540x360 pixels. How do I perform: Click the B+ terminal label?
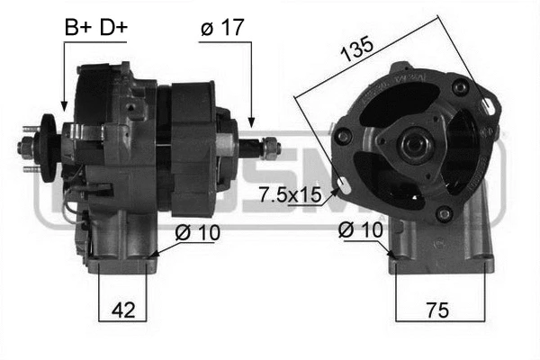77,28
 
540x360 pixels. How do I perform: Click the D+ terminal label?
112,28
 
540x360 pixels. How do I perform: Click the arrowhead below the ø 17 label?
252,122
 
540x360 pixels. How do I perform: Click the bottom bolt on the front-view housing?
442,213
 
